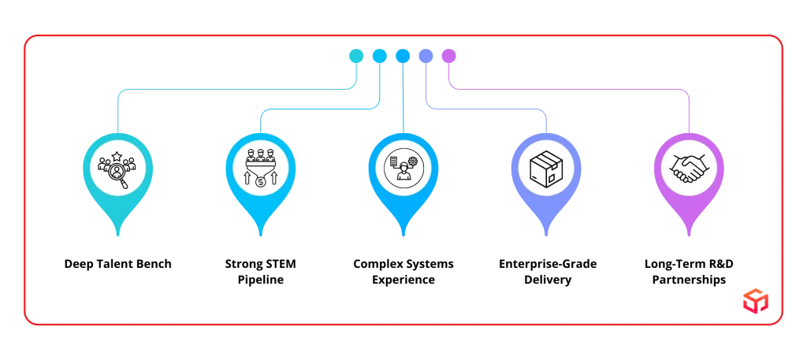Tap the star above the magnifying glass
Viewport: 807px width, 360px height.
117,156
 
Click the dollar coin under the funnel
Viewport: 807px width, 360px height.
261,182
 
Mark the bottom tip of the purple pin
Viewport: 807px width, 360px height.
689,235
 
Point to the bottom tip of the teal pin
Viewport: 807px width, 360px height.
118,235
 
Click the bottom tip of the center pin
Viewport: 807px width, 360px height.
403,235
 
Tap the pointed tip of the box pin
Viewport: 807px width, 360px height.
545,235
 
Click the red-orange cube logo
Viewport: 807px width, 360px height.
753,300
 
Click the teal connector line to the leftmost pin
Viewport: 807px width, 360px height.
236,91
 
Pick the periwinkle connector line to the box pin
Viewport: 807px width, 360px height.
489,109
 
